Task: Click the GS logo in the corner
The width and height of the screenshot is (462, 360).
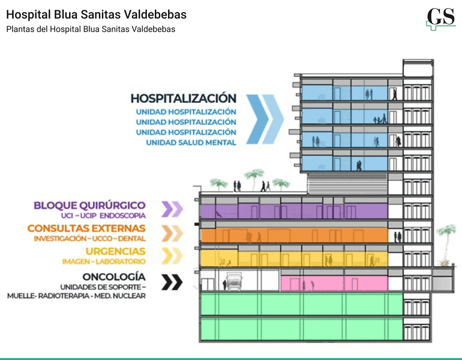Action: pos(441,19)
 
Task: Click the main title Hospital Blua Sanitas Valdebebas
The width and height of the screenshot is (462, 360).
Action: pos(97,14)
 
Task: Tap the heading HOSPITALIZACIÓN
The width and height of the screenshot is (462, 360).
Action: pos(183,98)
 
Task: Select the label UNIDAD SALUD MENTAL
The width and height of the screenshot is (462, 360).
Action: pos(191,143)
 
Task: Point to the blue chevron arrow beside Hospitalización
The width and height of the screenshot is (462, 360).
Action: pos(265,119)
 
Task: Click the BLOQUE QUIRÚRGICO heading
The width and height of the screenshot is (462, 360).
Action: pos(89,205)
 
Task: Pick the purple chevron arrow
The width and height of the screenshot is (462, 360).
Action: pos(172,209)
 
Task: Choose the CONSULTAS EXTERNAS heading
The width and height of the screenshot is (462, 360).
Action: pos(86,229)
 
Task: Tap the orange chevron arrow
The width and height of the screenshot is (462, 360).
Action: pos(172,233)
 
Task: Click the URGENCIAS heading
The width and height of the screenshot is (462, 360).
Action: pos(115,251)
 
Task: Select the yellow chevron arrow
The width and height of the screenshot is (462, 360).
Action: pos(172,256)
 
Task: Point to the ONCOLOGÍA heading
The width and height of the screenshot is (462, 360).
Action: pos(114,277)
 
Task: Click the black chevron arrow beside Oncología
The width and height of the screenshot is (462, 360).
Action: pos(172,282)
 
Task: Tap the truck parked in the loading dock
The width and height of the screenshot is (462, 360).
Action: pos(234,281)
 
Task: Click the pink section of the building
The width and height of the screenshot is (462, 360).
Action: pos(334,283)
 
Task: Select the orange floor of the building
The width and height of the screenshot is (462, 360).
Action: pos(294,235)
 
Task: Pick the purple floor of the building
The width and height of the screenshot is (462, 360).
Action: pos(294,211)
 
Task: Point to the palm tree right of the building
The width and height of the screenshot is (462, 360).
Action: pos(447,245)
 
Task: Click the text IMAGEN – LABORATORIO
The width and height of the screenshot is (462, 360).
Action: pos(104,262)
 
